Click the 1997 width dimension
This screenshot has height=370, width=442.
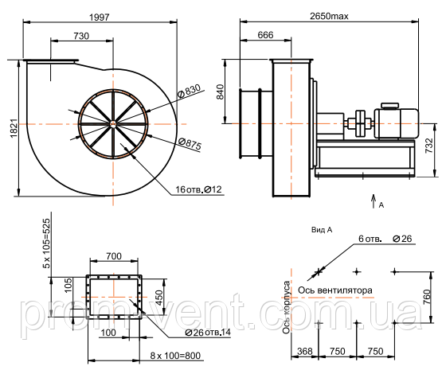[x=99, y=18]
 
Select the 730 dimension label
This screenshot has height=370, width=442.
[x=81, y=36]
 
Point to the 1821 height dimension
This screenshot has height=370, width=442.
[x=14, y=128]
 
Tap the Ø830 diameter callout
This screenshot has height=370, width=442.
[x=190, y=91]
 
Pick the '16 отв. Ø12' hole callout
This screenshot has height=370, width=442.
[x=199, y=189]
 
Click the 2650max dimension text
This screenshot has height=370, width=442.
[x=329, y=16]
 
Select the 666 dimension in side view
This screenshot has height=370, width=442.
[x=265, y=35]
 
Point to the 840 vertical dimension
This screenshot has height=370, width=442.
[x=220, y=92]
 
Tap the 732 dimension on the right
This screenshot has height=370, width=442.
[x=428, y=146]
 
